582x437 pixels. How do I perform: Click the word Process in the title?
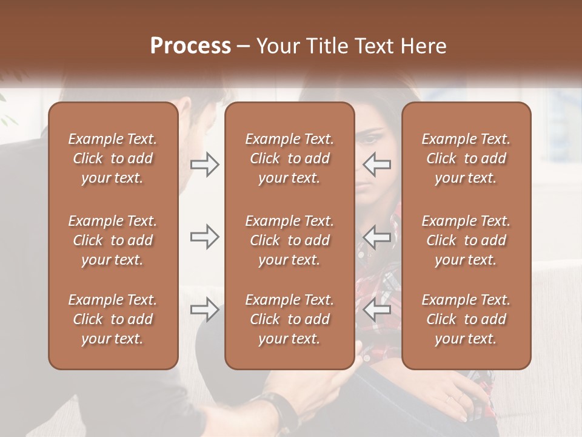click(x=190, y=46)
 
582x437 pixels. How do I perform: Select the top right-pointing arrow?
click(x=205, y=164)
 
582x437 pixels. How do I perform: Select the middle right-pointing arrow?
click(x=205, y=237)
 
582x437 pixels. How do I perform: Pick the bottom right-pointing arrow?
click(x=205, y=310)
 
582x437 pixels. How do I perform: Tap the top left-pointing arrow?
click(x=377, y=164)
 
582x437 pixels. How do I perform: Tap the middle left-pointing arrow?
click(x=377, y=237)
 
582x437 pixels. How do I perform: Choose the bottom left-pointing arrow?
click(x=377, y=310)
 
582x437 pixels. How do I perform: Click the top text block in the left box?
click(x=113, y=158)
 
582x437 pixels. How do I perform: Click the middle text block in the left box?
click(x=113, y=240)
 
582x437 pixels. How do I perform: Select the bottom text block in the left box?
click(x=113, y=319)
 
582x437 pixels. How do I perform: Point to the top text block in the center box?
click(x=289, y=158)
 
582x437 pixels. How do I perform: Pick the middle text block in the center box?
click(x=289, y=240)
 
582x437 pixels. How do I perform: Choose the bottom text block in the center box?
click(x=289, y=319)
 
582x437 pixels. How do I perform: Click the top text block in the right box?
click(x=466, y=158)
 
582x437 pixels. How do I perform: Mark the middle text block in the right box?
click(x=466, y=240)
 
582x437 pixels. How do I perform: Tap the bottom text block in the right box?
click(x=466, y=319)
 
